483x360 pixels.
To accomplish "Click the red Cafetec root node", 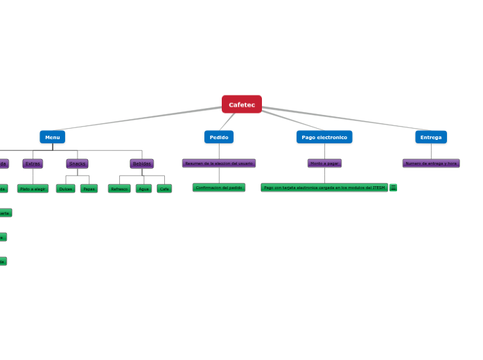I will [242, 105].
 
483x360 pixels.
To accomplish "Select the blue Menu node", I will [52, 137].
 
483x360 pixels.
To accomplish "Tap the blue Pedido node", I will [219, 137].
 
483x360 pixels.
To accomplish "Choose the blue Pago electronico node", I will [324, 137].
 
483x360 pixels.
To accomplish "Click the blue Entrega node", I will [431, 137].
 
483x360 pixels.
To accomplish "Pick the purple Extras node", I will [33, 163].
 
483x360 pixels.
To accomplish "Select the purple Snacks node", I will [77, 163].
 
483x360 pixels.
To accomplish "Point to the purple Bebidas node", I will [142, 163].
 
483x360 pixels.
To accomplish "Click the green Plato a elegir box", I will [33, 188].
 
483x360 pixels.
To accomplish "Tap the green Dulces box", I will [66, 188].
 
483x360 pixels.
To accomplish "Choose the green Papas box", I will [89, 188].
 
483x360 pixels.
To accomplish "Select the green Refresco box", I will [119, 188].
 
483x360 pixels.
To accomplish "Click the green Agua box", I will [143, 188].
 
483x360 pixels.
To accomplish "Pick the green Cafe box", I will [164, 188].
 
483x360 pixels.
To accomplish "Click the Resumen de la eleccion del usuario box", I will [219, 163].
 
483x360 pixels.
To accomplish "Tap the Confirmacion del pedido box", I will [219, 188].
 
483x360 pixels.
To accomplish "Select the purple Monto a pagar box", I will [324, 163].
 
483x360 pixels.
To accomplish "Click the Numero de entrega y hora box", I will [431, 163].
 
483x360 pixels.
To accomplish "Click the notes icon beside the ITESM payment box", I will [394, 188].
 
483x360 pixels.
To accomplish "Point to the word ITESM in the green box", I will [378, 188].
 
